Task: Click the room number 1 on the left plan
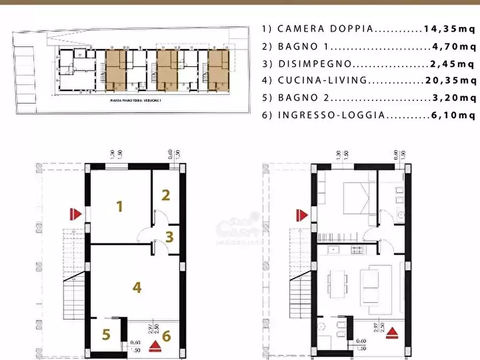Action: click(120, 205)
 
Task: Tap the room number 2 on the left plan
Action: click(166, 195)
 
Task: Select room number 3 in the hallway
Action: click(169, 236)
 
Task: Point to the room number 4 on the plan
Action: click(137, 287)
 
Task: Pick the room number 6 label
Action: click(166, 336)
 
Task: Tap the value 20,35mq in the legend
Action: click(450, 81)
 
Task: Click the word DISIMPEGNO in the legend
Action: click(315, 64)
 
